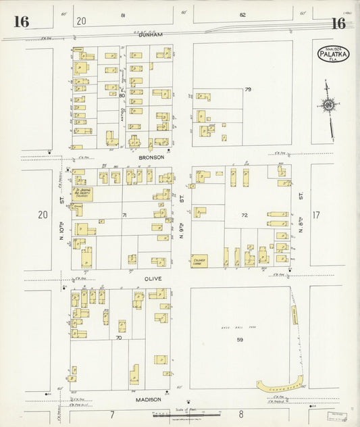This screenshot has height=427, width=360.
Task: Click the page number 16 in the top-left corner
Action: [21, 22]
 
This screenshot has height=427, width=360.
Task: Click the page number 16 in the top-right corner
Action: [338, 24]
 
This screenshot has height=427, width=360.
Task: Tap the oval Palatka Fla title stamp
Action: [332, 54]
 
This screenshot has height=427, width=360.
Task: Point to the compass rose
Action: [328, 105]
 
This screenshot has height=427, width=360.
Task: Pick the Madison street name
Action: [147, 399]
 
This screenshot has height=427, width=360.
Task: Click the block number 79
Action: [248, 89]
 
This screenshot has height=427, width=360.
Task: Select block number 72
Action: [245, 215]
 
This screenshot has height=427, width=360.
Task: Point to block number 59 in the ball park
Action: [239, 339]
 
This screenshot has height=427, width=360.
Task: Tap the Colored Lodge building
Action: [199, 260]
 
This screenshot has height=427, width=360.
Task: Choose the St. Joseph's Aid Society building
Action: [82, 194]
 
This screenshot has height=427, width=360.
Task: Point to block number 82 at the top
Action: [242, 14]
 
